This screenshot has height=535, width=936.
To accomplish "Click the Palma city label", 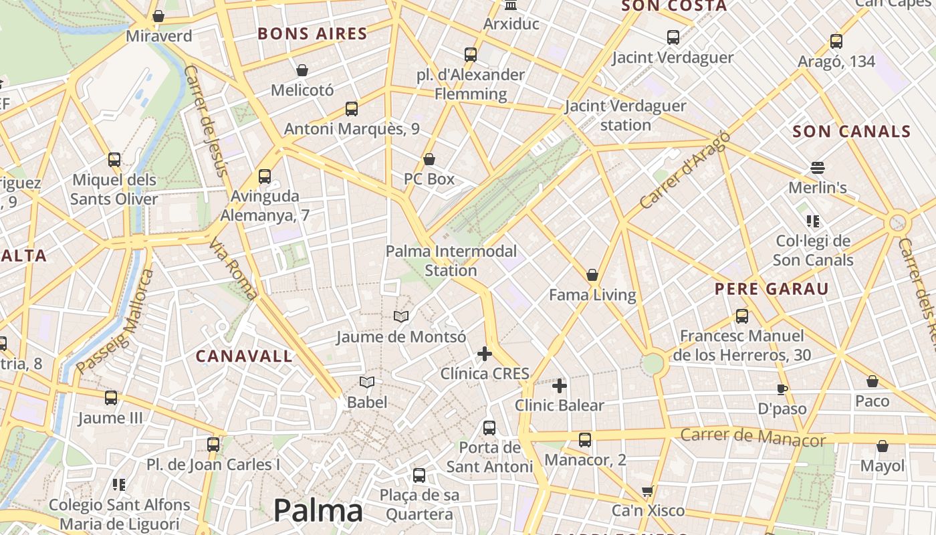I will pyautogui.click(x=318, y=511).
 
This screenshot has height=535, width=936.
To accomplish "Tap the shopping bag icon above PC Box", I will pyautogui.click(x=429, y=159).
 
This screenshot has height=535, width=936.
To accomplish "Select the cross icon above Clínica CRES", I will pyautogui.click(x=485, y=354).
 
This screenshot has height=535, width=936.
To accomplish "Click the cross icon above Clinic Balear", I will pyautogui.click(x=560, y=386).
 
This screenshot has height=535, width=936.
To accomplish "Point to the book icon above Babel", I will pyautogui.click(x=366, y=383).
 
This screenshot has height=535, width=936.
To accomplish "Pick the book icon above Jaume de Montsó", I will pyautogui.click(x=400, y=316).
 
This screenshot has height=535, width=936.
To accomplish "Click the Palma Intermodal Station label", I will pyautogui.click(x=451, y=261).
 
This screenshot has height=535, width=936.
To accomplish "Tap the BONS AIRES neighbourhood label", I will pyautogui.click(x=312, y=33).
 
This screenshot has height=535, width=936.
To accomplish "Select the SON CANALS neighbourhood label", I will pyautogui.click(x=852, y=131).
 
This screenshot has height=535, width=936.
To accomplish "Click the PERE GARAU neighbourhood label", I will pyautogui.click(x=772, y=289).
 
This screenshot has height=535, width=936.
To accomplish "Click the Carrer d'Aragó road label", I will pyautogui.click(x=685, y=171).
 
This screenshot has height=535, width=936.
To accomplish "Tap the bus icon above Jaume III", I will pyautogui.click(x=111, y=398).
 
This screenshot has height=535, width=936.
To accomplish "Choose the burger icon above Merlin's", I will pyautogui.click(x=817, y=167).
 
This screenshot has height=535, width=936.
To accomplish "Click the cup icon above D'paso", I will pyautogui.click(x=782, y=389).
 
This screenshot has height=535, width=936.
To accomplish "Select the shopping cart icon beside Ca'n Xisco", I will pyautogui.click(x=647, y=492).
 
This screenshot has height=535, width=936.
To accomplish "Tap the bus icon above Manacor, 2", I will pyautogui.click(x=585, y=440).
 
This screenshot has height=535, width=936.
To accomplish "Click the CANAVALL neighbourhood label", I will pyautogui.click(x=244, y=356).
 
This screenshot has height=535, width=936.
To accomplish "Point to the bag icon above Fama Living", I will pyautogui.click(x=592, y=275).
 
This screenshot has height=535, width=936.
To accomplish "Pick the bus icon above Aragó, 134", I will pyautogui.click(x=836, y=41).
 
